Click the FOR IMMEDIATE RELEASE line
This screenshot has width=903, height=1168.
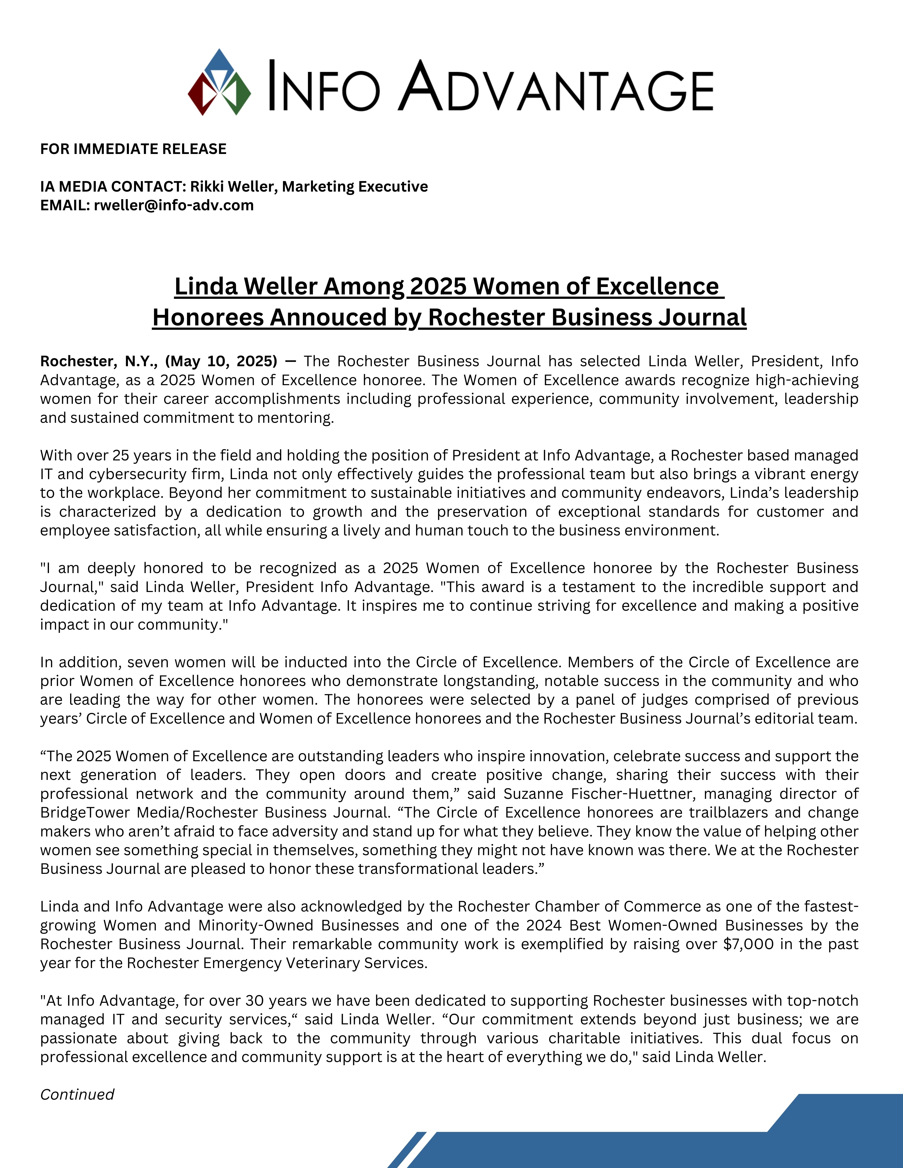pos(133,149)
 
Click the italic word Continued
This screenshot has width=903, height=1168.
pos(77,1094)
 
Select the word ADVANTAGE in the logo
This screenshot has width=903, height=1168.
pos(556,87)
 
